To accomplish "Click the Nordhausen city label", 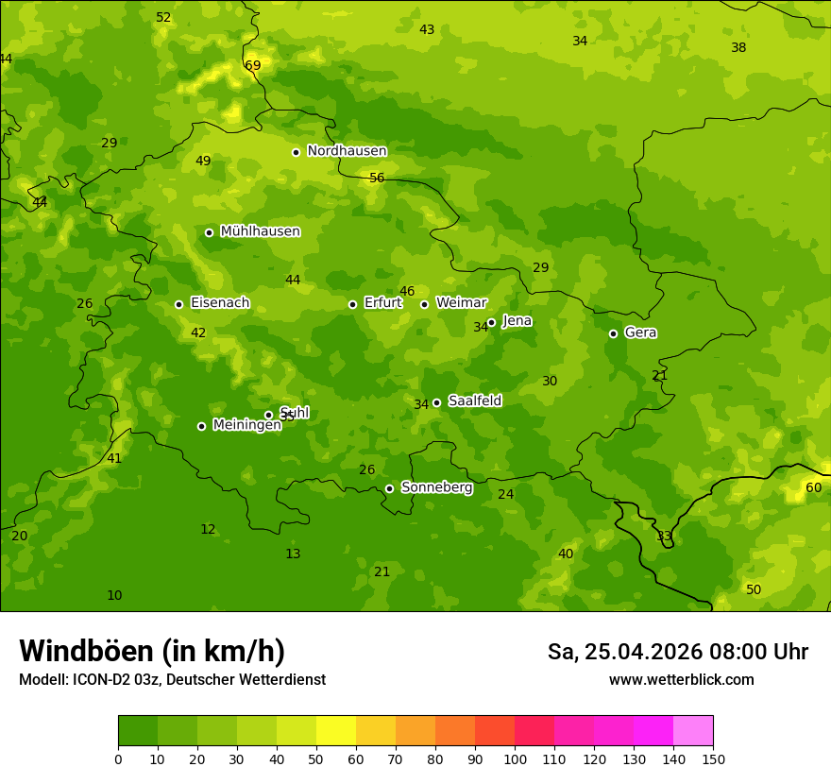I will (x=347, y=151).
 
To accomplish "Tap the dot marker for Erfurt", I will (x=352, y=304).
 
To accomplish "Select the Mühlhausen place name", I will (x=260, y=231).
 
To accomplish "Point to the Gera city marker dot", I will (x=613, y=333).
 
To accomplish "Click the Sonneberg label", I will (x=436, y=487).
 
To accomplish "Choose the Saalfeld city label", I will (x=474, y=401).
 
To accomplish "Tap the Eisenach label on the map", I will (x=220, y=303).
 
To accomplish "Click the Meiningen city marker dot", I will (x=201, y=426).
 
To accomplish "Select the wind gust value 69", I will (x=252, y=65).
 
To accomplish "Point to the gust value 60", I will (x=813, y=487).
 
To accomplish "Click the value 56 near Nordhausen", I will (x=377, y=178).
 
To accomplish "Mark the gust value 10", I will (x=114, y=595).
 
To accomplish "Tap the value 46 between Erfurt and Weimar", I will (x=407, y=291).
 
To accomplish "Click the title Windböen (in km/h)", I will (x=152, y=651).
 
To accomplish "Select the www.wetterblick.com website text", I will (x=681, y=679).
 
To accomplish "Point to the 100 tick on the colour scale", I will (x=515, y=758).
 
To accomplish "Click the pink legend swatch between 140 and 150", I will (x=693, y=730).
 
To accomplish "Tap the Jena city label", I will (x=517, y=321).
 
